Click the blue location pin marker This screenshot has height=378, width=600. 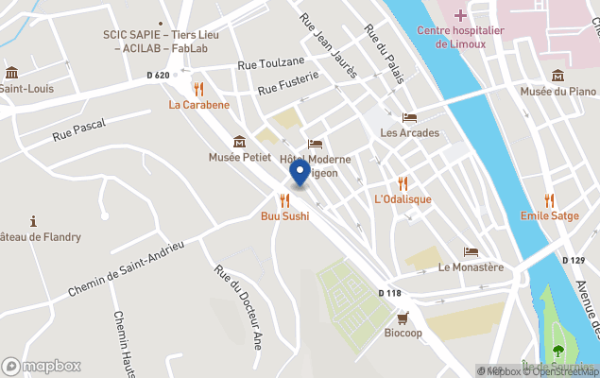point(300,172)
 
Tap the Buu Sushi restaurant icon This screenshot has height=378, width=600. point(284,200)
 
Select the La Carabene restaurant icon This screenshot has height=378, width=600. point(198,88)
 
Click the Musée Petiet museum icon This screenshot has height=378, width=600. point(239,141)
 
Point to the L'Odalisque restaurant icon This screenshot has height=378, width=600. point(403,183)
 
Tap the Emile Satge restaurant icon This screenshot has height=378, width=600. point(550,199)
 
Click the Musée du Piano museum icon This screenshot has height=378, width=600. point(557,76)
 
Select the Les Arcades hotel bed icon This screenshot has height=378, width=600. point(409,117)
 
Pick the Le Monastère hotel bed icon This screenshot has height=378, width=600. point(471,251)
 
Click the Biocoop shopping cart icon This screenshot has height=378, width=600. point(403,318)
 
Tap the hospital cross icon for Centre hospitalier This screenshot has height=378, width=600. point(460,15)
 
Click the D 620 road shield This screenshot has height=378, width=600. point(158,75)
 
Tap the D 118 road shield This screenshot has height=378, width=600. point(389,293)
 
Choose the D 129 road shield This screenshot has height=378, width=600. point(573,260)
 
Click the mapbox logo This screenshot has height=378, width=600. point(42,366)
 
